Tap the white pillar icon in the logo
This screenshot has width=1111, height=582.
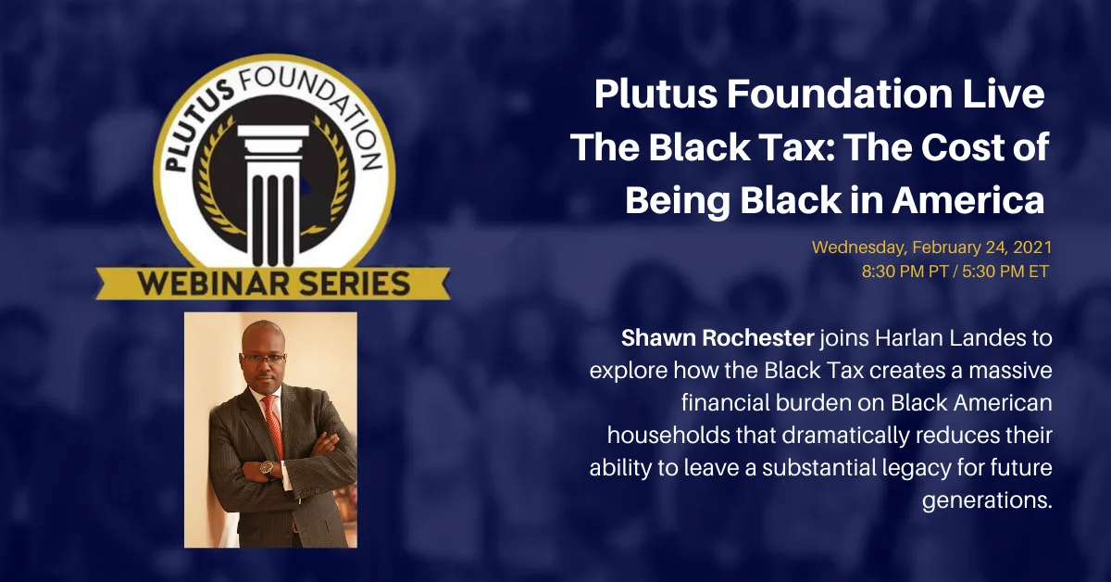coord(273,195)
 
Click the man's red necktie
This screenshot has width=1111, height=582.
coord(274,426)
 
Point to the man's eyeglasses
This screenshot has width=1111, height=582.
coord(263,358)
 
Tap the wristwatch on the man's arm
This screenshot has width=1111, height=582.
coord(267,468)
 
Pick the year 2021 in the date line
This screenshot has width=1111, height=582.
coord(1032,247)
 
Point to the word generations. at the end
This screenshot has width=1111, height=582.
coord(987,500)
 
